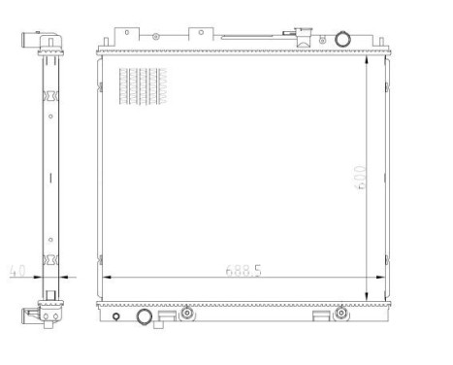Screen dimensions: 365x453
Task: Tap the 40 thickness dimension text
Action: [x=16, y=271]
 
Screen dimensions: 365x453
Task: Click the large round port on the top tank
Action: [x=341, y=39]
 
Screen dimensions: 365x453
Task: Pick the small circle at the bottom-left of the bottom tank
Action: [x=114, y=317]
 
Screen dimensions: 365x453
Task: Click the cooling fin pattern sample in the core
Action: [x=143, y=86]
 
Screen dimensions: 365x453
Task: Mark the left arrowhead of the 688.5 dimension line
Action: [x=105, y=277]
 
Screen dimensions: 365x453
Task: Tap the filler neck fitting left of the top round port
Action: [x=304, y=40]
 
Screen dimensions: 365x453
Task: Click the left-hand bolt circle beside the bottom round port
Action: [x=186, y=314]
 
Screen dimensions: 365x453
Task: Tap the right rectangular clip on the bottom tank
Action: [x=320, y=315]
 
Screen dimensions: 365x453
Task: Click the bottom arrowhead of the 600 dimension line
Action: [x=366, y=297]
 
